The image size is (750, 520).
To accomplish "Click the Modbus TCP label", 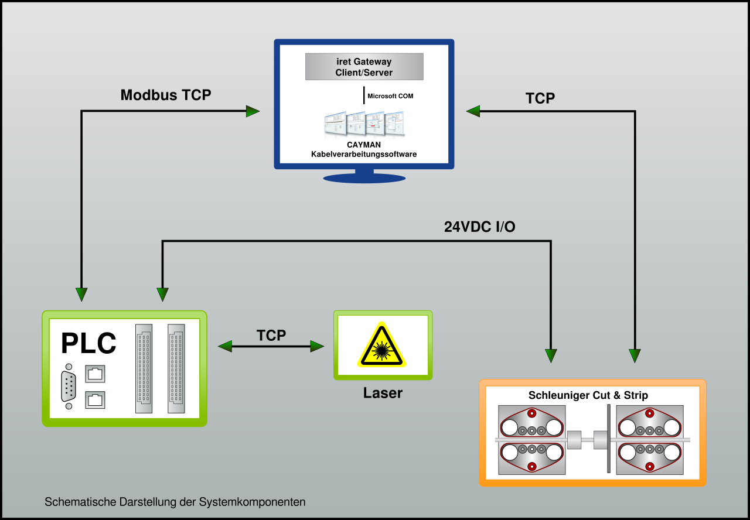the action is tap(166, 95).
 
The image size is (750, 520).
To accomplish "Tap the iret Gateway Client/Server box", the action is tap(364, 67).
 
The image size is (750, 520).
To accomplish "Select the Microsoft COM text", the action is tap(390, 96).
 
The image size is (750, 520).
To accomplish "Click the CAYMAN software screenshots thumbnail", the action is tap(364, 124).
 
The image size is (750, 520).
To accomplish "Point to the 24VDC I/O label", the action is tap(479, 227).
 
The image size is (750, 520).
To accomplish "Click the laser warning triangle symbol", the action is tap(381, 345).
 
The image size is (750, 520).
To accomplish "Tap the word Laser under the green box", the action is tap(383, 393).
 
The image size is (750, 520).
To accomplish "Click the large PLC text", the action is tap(88, 343).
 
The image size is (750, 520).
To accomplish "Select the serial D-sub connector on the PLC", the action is tap(69, 386).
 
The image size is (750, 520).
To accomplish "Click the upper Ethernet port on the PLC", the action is tap(95, 374).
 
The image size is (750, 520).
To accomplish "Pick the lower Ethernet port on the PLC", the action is tap(95, 400).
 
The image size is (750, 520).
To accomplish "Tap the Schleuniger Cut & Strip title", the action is tap(588, 395).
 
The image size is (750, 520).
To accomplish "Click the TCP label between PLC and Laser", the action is tap(271, 336).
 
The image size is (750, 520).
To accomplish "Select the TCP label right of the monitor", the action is tap(540, 98).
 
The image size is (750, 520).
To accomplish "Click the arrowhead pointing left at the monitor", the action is tap(473, 111).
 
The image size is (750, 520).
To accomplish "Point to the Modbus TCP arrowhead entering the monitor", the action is tap(253, 111).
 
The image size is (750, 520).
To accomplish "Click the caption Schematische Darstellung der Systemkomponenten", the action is tap(175, 502).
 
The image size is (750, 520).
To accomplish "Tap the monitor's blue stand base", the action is tap(364, 179).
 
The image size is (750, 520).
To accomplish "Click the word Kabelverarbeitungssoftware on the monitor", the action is tap(364, 154).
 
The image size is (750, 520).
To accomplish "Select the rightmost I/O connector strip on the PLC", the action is tap(176, 368).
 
